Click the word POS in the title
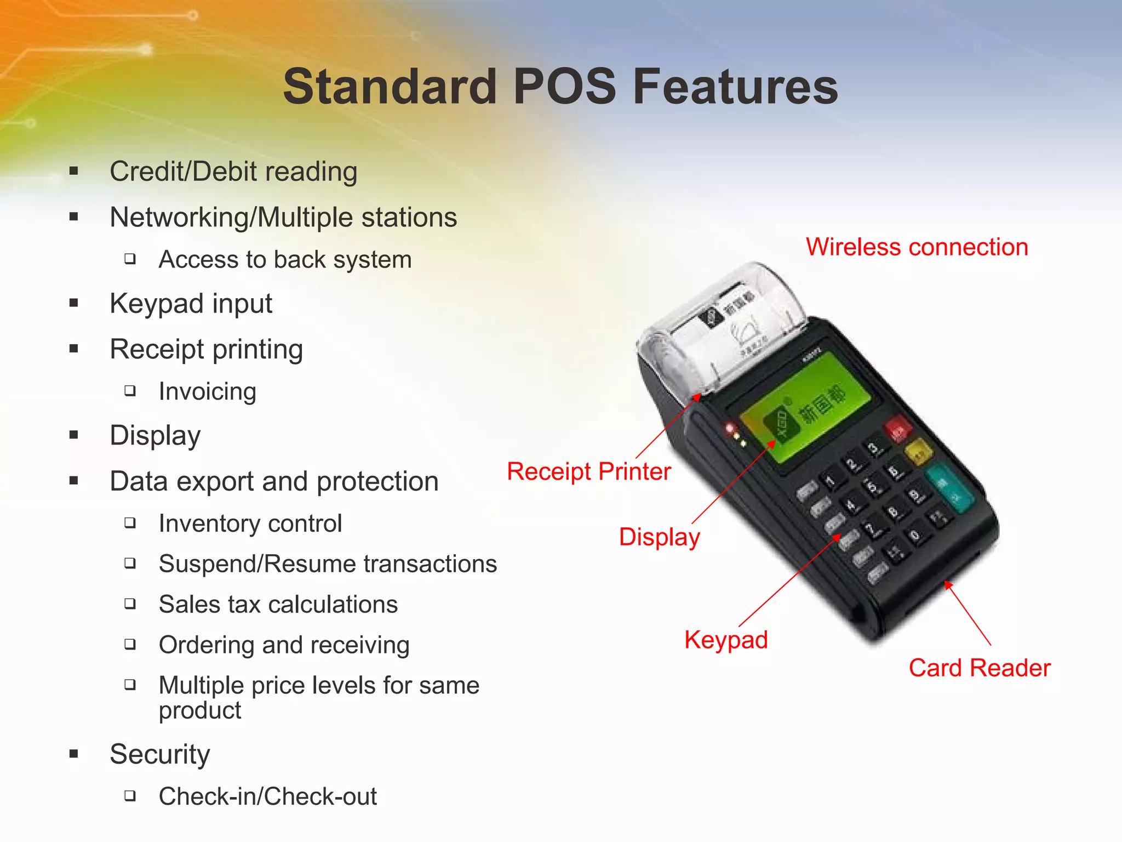(564, 87)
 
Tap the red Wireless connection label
(917, 247)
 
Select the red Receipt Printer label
(588, 471)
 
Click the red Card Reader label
(979, 668)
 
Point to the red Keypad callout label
(726, 640)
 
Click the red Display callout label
(659, 537)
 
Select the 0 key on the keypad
(915, 534)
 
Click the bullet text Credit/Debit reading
(233, 172)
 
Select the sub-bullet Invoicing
(207, 391)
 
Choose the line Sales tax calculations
(278, 605)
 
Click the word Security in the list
(159, 754)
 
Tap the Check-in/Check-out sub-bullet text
(267, 797)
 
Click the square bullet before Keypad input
(74, 303)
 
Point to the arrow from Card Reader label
(968, 613)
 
